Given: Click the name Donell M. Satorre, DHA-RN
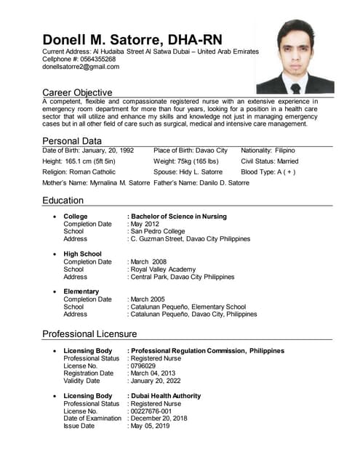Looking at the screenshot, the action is [132, 39].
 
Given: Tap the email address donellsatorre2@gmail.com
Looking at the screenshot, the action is [81, 67].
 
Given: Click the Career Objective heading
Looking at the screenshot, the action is [77, 92].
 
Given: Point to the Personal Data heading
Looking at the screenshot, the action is [72, 141].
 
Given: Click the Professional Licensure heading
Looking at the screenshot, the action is [89, 333].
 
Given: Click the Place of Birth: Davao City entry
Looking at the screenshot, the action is [191, 150].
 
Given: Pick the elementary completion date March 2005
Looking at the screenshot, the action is [149, 299].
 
